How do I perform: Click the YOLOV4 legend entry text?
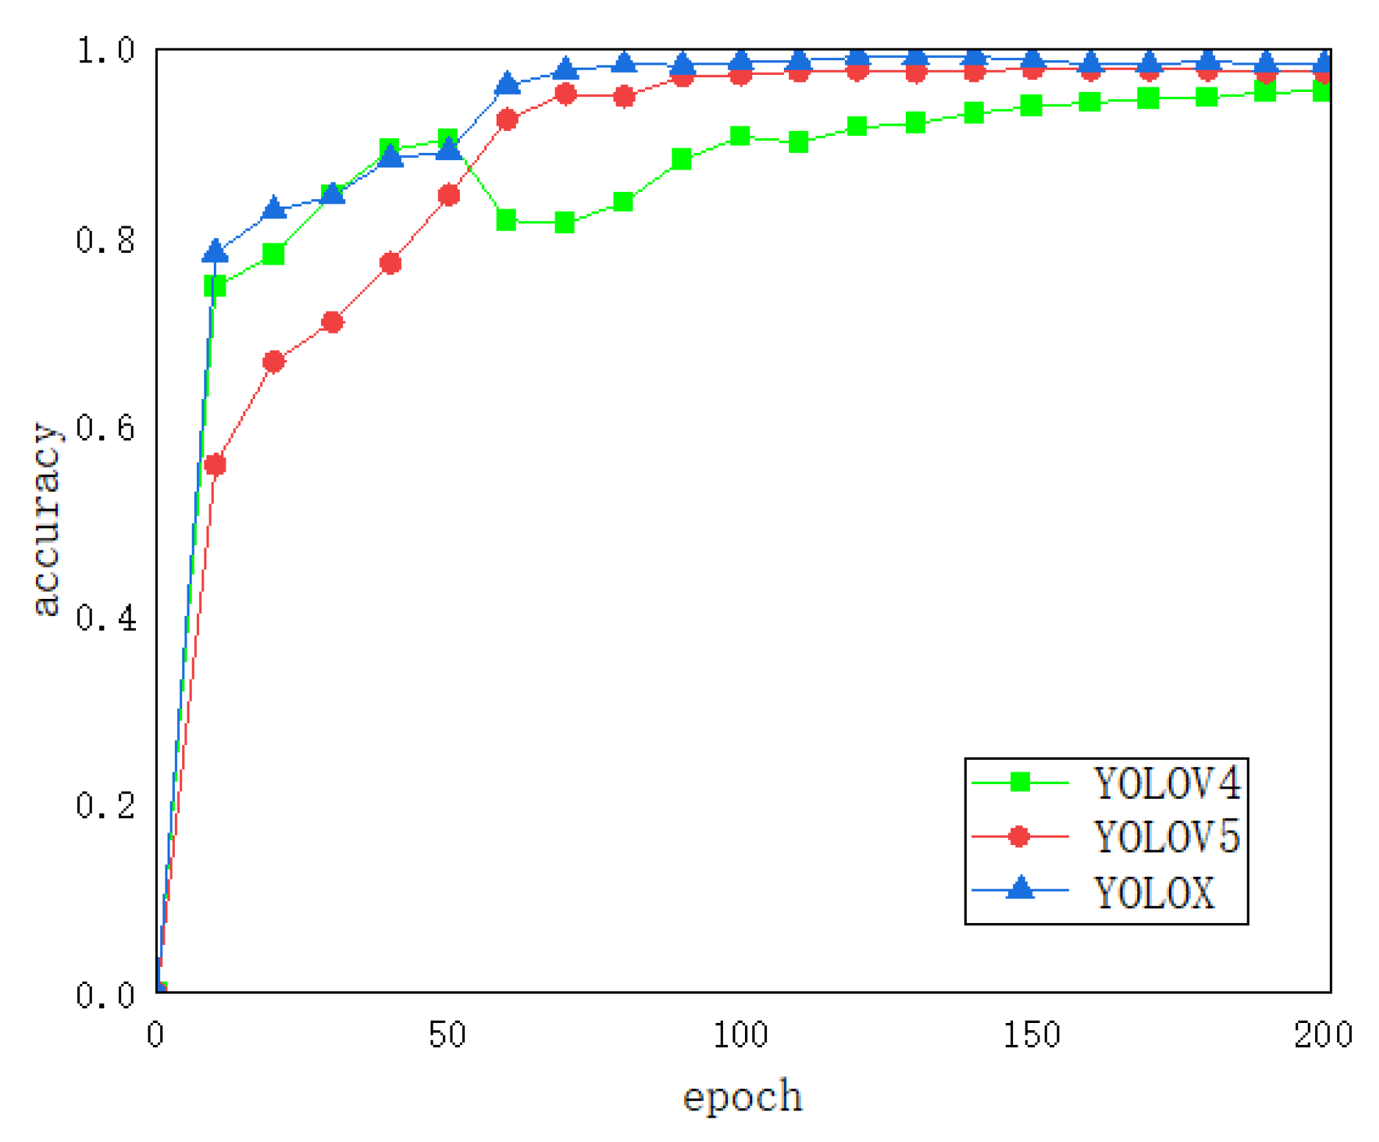pos(1166,783)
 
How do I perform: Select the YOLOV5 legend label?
pos(1166,836)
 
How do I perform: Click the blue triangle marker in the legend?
pos(1019,888)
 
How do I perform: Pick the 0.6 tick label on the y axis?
pos(106,428)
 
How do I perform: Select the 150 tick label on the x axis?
pos(1031,1035)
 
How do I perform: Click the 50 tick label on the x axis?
pos(447,1035)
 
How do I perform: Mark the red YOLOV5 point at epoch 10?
pos(215,464)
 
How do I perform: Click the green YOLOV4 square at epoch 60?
pos(506,220)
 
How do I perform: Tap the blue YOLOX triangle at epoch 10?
pos(215,251)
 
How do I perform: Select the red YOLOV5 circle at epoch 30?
pos(332,322)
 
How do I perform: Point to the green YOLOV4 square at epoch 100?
pos(740,136)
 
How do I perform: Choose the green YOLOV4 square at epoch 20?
pos(273,254)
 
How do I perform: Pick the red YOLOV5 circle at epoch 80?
pos(624,96)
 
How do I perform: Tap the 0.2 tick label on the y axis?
pos(106,805)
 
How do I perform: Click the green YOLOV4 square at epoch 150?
pos(1031,105)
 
